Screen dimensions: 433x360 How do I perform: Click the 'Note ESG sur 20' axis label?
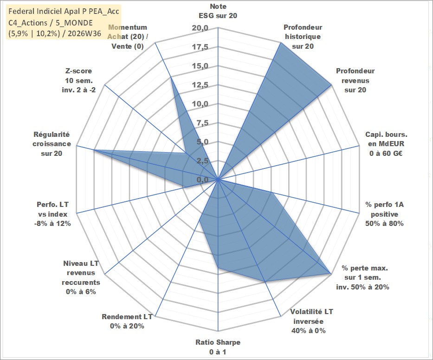(x=218, y=11)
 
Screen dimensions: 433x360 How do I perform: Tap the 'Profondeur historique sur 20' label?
(x=303, y=37)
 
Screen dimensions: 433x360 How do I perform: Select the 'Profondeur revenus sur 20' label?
(x=355, y=80)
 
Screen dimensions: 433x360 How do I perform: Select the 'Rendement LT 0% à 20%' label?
(x=127, y=321)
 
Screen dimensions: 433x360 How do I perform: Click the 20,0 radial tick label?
(x=200, y=28)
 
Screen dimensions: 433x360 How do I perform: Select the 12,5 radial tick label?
(x=200, y=85)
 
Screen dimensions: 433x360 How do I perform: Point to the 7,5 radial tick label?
(x=202, y=123)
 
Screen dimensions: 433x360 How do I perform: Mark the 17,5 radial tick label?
(x=200, y=47)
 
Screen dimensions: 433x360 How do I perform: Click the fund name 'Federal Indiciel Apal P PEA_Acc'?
(x=64, y=11)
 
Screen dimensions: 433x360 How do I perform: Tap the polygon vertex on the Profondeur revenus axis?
(x=331, y=85)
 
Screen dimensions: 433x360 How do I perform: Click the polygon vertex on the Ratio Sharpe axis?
(x=218, y=267)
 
